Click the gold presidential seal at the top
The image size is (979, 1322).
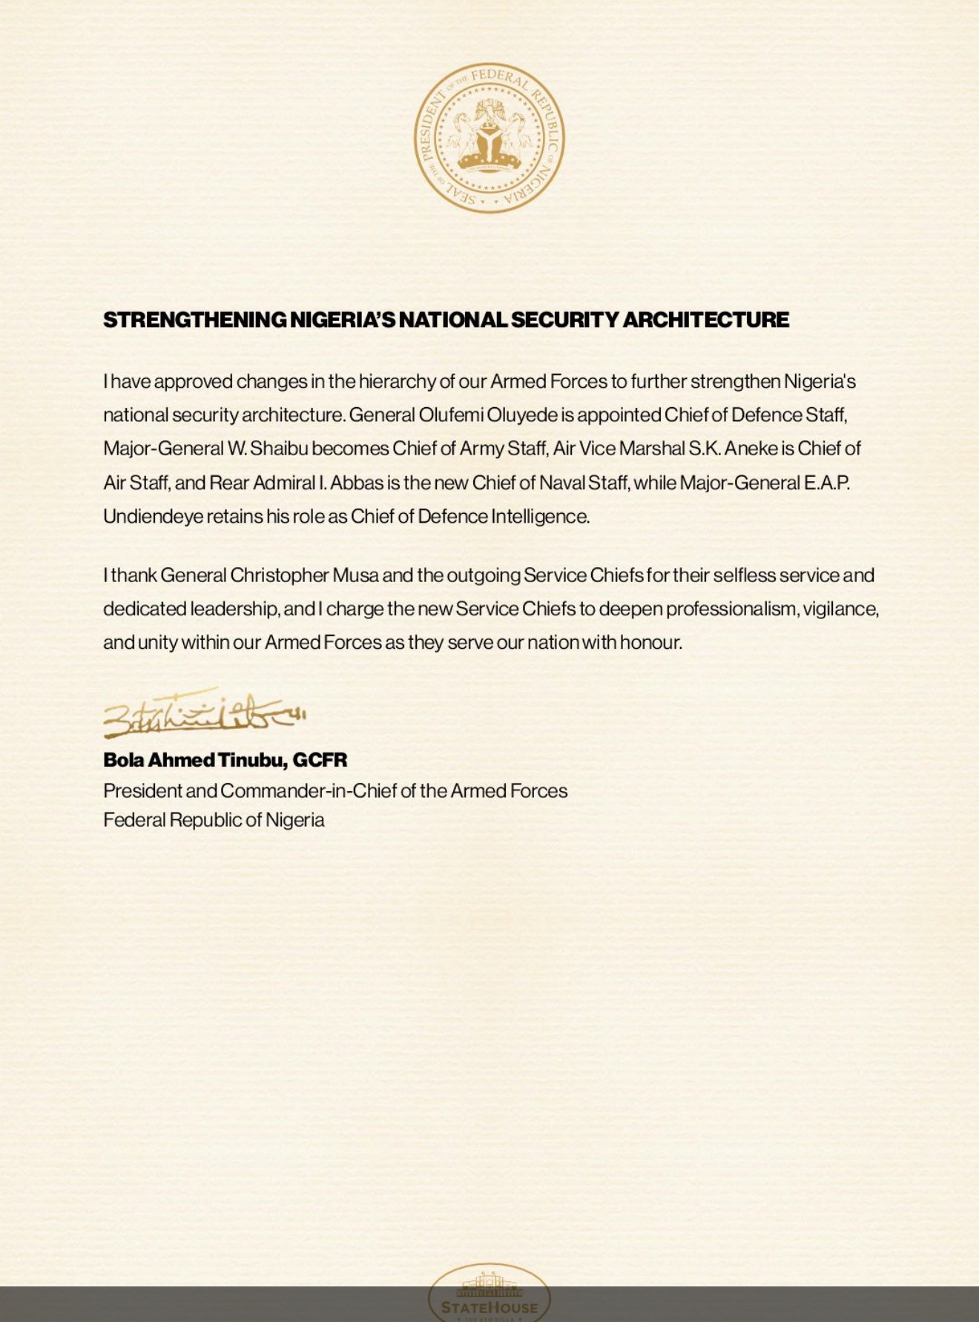click(489, 138)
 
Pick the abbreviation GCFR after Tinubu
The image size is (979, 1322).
click(320, 760)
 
